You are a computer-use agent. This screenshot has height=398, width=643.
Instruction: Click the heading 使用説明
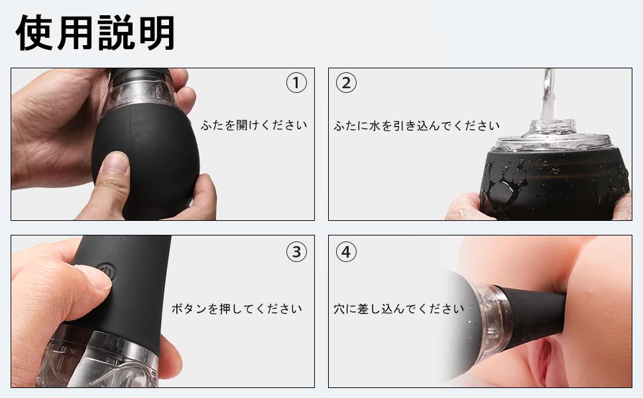coord(95,33)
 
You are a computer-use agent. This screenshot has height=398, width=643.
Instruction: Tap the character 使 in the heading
coord(34,33)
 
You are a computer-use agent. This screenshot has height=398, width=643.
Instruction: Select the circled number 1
coord(296,83)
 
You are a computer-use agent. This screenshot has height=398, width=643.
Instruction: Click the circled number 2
coord(347,83)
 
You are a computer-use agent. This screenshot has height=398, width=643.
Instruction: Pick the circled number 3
coord(296,251)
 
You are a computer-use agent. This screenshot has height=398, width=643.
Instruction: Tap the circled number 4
coord(347,251)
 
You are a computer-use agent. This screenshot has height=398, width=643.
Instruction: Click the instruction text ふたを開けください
coord(254,125)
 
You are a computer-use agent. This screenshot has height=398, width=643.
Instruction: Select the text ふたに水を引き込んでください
coord(417,125)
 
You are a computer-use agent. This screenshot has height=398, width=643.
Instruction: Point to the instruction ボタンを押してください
coord(237,308)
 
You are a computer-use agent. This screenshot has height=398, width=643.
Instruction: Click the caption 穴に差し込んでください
coord(399,308)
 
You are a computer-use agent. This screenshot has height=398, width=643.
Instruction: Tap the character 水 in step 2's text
coord(375,125)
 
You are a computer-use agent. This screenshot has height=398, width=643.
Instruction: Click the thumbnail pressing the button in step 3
coord(96,277)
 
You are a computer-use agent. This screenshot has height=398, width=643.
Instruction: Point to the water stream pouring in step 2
coord(548,94)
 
